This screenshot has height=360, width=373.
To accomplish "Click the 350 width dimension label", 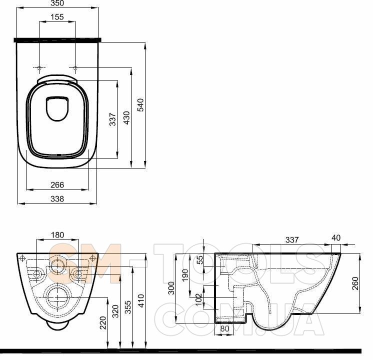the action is pos(57,3).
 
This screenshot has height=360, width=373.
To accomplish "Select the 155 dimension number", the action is pos(57,17).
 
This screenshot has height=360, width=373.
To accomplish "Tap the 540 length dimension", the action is pos(140,105).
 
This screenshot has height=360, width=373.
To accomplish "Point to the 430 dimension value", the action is pos(127,117).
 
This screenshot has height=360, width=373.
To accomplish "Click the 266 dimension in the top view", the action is pos(57,184).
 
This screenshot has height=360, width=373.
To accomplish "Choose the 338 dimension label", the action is pos(57,198).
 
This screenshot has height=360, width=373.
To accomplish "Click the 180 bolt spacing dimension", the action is pos(57,235).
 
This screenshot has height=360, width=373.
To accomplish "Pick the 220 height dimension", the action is pos(103,322).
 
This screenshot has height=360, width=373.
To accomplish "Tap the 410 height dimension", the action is pos(141,301).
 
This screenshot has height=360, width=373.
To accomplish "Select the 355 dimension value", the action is pos(128,307).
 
